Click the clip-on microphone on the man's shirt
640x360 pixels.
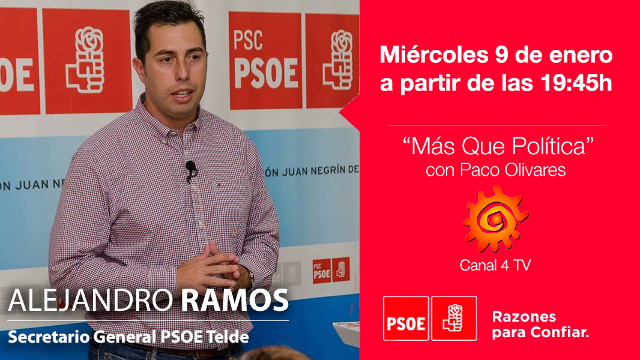click(191, 169)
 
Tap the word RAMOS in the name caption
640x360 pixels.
click(235, 301)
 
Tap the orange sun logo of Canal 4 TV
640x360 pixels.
click(495, 219)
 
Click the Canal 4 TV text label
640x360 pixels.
click(495, 265)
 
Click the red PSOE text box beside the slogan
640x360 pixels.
click(406, 318)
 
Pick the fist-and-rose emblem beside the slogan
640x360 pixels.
click(454, 318)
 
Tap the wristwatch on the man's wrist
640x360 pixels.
click(250, 277)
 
